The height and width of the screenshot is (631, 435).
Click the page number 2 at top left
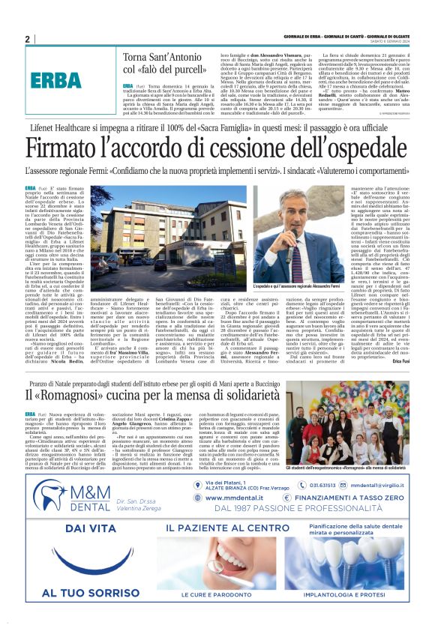[x=27, y=39]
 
